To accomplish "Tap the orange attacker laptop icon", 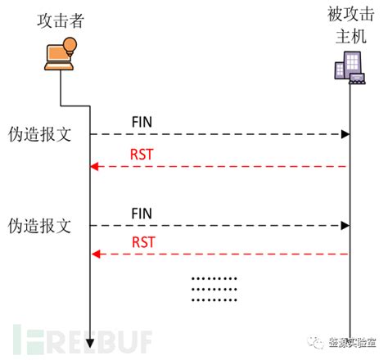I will pyautogui.click(x=57, y=56).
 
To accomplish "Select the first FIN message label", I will pyautogui.click(x=142, y=123).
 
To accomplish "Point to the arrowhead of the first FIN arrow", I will pyautogui.click(x=345, y=133).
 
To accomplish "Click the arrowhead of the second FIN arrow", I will pyautogui.click(x=345, y=224).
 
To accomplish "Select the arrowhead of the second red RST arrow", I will pyautogui.click(x=94, y=254).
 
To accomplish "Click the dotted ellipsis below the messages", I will pyautogui.click(x=214, y=289).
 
